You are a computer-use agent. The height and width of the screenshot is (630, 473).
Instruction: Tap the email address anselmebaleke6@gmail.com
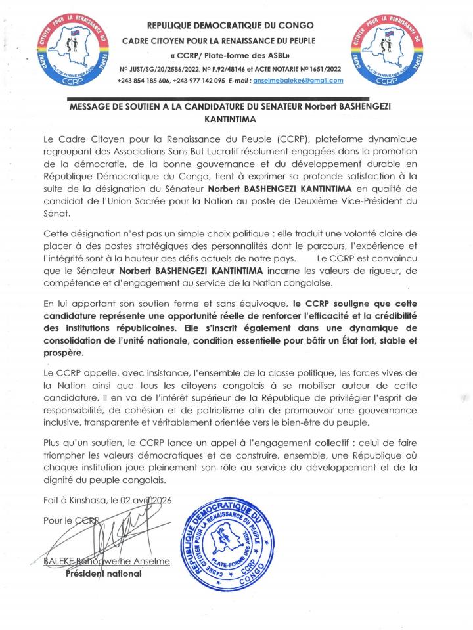pyautogui.click(x=302, y=80)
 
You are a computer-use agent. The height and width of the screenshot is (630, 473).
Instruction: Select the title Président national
pyautogui.click(x=103, y=574)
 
